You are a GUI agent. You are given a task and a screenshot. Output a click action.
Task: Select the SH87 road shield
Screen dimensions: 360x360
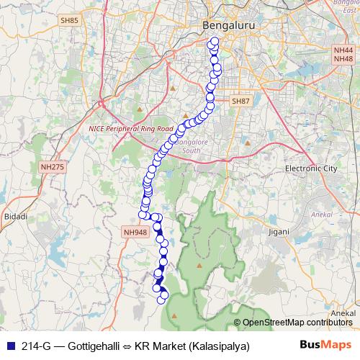pyautogui.click(x=240, y=102)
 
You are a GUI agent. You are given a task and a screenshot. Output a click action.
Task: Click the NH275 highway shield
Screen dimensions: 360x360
pyautogui.click(x=53, y=166)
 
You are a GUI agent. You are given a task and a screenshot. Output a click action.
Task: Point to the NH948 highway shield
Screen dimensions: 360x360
pyautogui.click(x=135, y=232)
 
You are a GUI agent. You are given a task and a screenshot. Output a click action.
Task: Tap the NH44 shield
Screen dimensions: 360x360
pyautogui.click(x=343, y=50)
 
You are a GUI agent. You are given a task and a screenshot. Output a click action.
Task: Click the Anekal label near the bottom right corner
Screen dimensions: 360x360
pyautogui.click(x=343, y=314)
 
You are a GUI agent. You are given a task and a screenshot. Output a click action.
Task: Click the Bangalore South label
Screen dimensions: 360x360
pyautogui.click(x=186, y=147)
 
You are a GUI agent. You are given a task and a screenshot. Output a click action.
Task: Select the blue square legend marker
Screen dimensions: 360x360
pyautogui.click(x=10, y=346)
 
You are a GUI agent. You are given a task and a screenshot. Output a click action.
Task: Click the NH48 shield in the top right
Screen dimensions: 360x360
pyautogui.click(x=343, y=60)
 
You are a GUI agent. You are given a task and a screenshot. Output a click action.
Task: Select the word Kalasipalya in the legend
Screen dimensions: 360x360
pyautogui.click(x=218, y=346)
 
